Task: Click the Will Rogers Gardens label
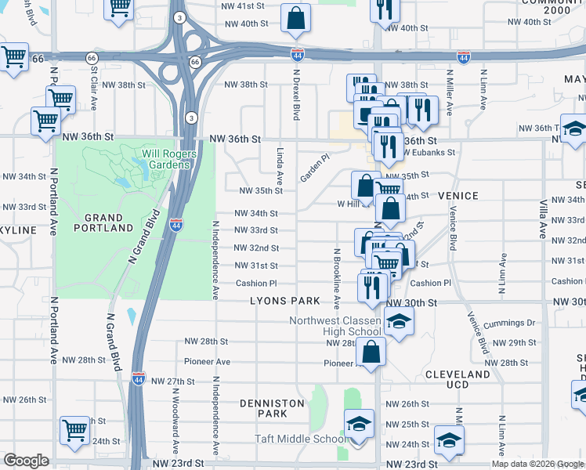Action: pos(165,159)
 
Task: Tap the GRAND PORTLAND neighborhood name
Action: pos(109,222)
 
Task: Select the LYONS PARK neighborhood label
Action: pos(285,301)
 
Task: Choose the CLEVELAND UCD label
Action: pos(458,379)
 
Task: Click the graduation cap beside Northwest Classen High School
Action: pos(399,321)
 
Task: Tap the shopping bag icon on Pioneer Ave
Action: pos(373,352)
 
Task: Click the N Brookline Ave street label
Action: pos(337,273)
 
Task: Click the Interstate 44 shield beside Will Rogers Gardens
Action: pos(176,224)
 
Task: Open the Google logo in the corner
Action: pos(26,461)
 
